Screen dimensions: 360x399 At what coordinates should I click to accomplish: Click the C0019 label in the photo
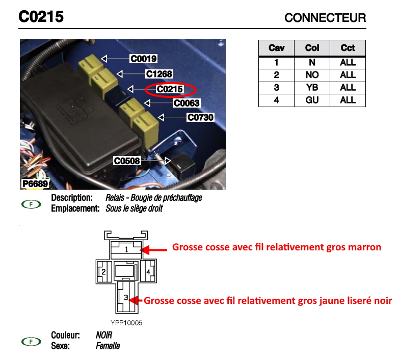143,59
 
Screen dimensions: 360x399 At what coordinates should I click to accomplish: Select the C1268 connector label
159,74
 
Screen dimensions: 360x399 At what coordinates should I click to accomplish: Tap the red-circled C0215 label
170,90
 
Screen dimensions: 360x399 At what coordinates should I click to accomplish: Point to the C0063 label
187,104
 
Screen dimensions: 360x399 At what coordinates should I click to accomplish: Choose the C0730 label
200,118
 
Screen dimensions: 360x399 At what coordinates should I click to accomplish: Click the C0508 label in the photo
127,161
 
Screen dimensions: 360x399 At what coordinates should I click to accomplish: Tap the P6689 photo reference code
35,184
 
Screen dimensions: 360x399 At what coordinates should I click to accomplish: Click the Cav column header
277,48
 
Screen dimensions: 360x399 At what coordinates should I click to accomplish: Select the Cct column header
348,48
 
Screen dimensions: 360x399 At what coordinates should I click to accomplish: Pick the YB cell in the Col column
312,88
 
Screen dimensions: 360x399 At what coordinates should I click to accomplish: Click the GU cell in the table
312,100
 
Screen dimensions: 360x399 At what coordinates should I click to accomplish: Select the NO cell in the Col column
312,75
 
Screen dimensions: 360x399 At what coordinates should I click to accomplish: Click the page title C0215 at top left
41,17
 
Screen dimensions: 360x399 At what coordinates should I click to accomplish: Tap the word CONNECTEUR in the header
325,18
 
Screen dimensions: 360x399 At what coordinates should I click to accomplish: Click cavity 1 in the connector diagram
127,250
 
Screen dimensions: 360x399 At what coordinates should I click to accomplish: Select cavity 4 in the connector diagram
148,272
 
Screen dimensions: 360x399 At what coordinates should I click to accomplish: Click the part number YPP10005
126,323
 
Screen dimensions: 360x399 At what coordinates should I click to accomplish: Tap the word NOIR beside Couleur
104,336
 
